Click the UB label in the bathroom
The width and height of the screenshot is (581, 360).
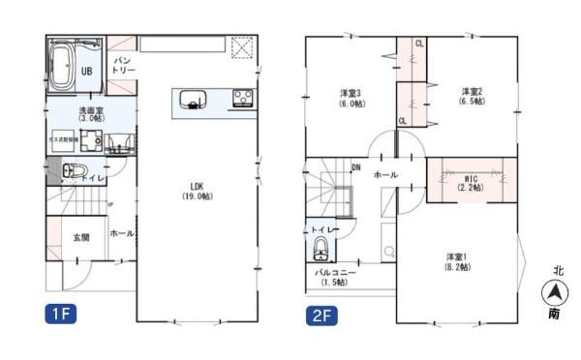coord(86,71)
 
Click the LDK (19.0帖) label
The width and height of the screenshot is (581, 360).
coord(197,190)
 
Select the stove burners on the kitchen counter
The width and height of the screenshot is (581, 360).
coord(240,97)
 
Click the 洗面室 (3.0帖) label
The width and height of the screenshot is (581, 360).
coord(92,115)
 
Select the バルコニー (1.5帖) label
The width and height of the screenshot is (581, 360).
coord(336,278)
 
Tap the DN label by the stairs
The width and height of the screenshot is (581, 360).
coord(355,166)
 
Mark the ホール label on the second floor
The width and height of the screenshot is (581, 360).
coord(384,175)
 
